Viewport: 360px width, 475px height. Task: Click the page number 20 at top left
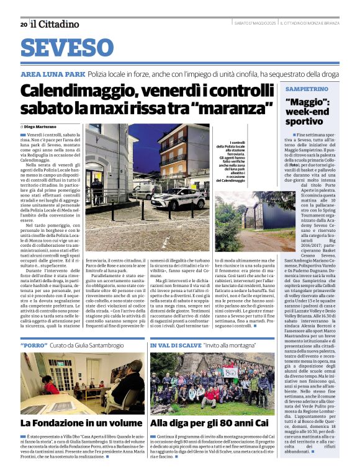click(24, 24)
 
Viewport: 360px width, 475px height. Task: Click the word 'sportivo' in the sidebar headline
click(308, 122)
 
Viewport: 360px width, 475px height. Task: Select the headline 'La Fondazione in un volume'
click(81, 423)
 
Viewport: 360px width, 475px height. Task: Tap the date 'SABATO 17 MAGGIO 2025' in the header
click(255, 24)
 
